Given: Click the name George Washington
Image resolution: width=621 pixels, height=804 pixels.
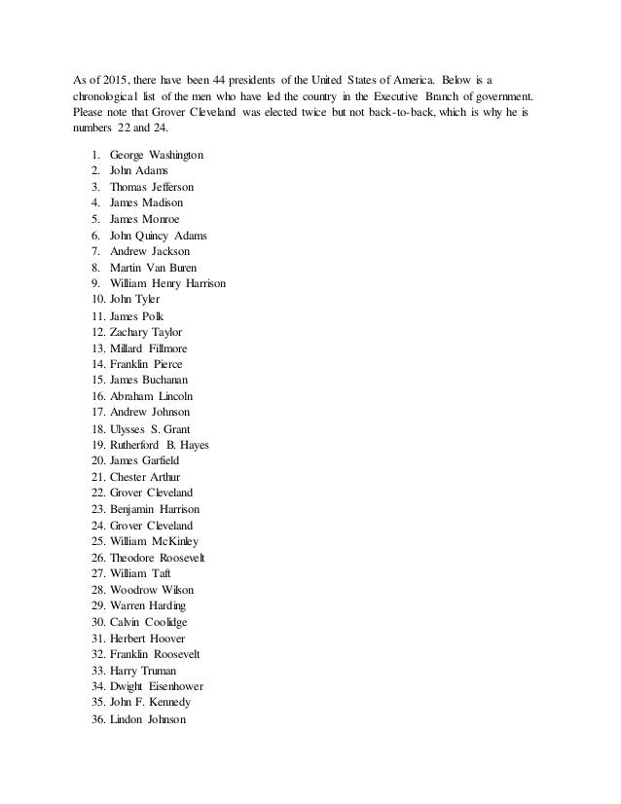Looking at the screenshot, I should pos(157,156).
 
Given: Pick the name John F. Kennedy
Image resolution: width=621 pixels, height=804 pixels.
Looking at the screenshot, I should pos(150,701).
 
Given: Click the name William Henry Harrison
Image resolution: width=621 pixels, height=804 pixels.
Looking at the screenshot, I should pos(168,283).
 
